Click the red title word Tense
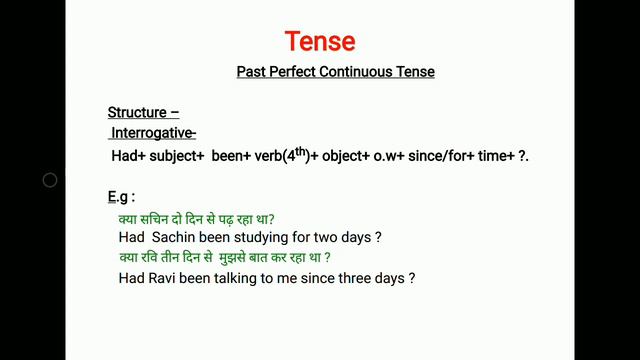click(x=320, y=42)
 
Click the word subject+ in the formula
click(x=175, y=157)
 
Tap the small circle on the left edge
click(x=50, y=181)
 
